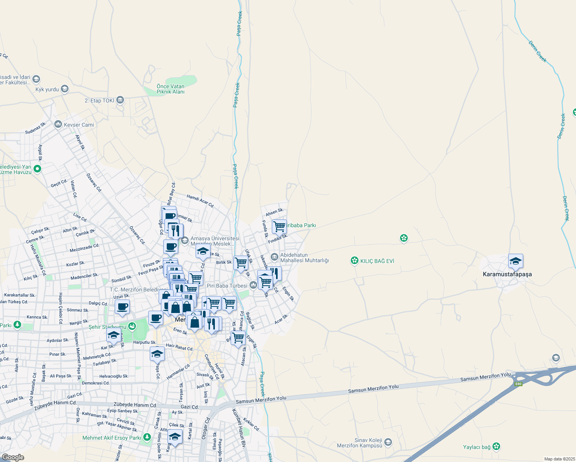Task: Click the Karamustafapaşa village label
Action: click(x=507, y=274)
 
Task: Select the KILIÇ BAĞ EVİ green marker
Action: click(x=354, y=261)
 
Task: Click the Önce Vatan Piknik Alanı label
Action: click(x=171, y=89)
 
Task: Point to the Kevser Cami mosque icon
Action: click(x=58, y=124)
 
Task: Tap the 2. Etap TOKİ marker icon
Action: click(x=120, y=100)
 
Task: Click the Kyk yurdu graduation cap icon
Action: click(x=64, y=89)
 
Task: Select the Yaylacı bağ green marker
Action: click(x=496, y=447)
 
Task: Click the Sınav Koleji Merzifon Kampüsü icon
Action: click(x=388, y=442)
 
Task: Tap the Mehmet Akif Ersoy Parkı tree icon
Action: click(x=147, y=437)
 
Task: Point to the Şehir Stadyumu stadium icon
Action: click(x=132, y=326)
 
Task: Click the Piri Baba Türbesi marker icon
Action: click(x=253, y=285)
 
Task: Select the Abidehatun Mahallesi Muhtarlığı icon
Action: click(x=274, y=257)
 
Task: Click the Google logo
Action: click(x=13, y=457)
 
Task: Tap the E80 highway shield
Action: click(x=518, y=384)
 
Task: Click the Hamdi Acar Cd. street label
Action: click(x=200, y=201)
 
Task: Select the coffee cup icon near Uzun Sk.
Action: click(x=122, y=307)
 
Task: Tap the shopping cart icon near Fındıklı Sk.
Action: click(x=279, y=226)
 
